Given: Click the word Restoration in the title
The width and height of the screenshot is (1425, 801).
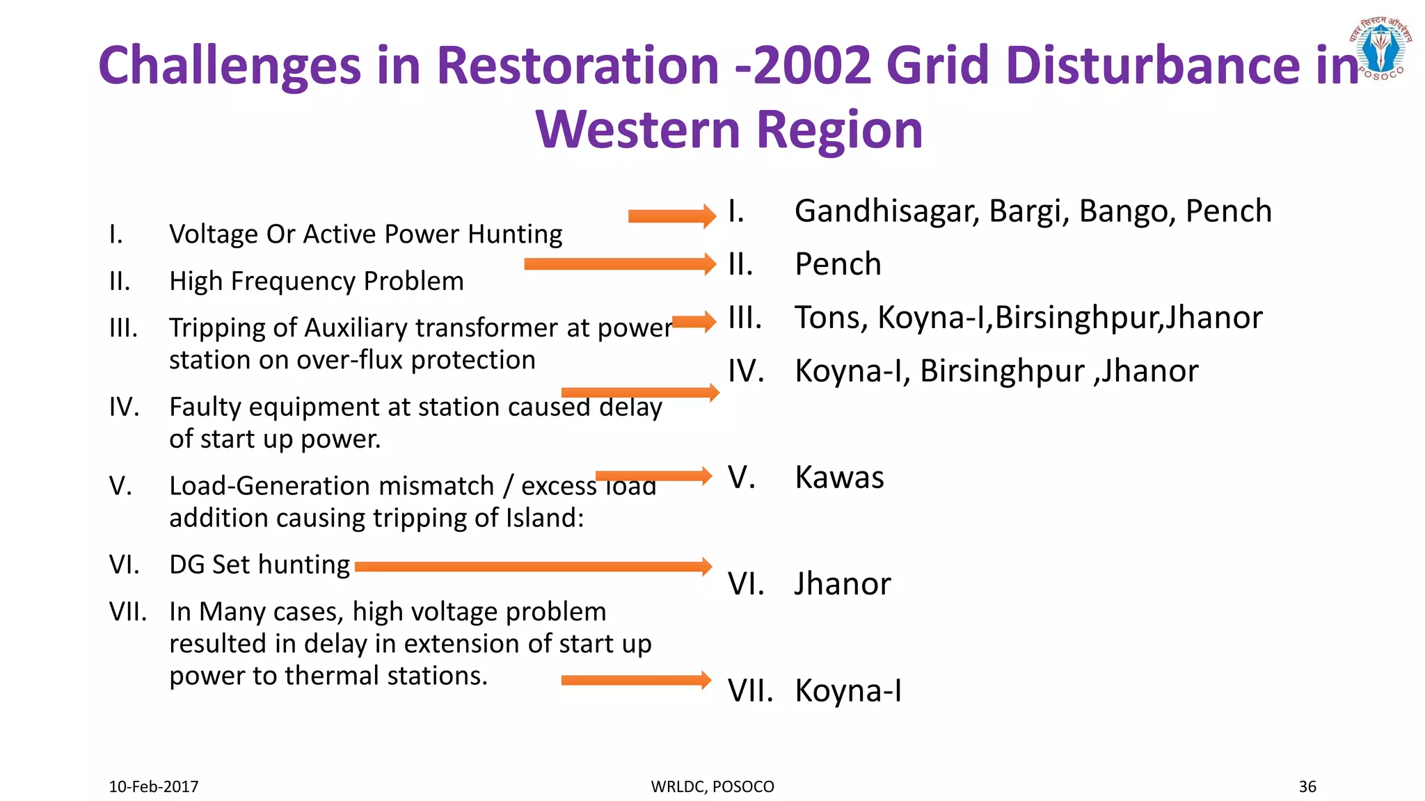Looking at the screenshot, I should [x=577, y=65].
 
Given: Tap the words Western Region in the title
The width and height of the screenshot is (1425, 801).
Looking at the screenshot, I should [x=729, y=130].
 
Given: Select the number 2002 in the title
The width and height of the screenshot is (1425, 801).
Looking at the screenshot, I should [x=812, y=65].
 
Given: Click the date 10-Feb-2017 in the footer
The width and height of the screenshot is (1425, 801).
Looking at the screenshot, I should [x=153, y=786].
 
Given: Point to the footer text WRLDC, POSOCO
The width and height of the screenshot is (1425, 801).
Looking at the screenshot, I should [x=712, y=786].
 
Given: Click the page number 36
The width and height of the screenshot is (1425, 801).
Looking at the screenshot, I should [x=1307, y=786].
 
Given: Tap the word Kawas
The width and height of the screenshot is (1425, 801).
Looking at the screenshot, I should [x=839, y=478].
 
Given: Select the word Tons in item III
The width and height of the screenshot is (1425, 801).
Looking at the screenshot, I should [x=831, y=318].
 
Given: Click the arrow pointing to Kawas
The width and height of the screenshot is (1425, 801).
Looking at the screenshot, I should [x=653, y=476].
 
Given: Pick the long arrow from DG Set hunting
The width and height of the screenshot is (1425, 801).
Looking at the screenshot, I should [x=533, y=567].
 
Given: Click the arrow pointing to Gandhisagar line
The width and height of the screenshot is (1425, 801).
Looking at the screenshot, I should [x=671, y=216].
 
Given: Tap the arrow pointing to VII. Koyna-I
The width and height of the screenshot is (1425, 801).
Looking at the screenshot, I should [x=636, y=680].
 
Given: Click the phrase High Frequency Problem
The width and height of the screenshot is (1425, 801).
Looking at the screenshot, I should [x=316, y=281].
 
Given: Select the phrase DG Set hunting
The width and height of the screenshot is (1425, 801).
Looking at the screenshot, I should [x=259, y=565].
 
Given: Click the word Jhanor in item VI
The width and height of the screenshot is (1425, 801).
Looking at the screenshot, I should [x=842, y=584].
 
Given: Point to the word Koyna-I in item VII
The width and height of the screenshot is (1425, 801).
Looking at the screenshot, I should [x=848, y=691].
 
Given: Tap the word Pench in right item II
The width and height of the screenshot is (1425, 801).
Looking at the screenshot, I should [x=838, y=264].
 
